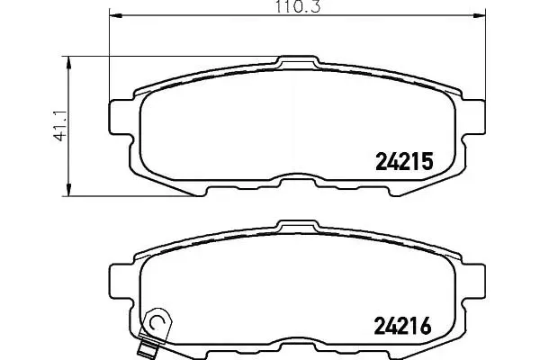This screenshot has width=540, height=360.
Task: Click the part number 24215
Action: point(404,162)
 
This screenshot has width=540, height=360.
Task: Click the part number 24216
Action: point(402,326)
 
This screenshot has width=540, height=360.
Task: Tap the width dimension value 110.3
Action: point(298,6)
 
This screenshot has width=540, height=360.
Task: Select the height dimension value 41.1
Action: point(60,126)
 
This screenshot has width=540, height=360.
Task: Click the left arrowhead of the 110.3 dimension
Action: point(116,15)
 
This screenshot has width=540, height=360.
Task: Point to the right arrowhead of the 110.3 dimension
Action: point(479,15)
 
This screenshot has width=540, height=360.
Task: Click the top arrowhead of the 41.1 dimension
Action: point(68,63)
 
